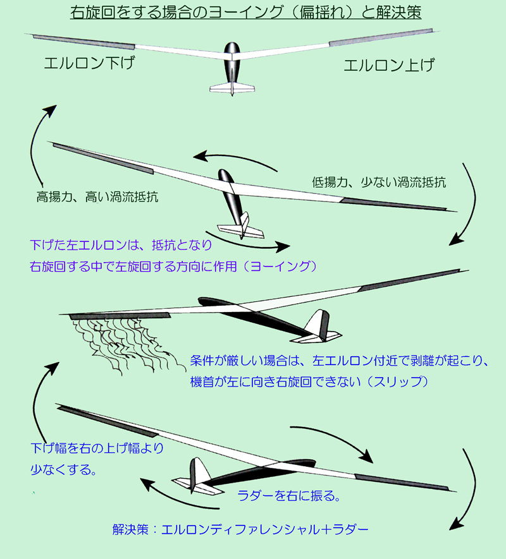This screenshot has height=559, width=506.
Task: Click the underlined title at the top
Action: tap(245, 12)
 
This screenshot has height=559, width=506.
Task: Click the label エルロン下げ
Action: tap(89, 63)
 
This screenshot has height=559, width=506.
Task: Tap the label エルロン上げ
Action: tap(389, 65)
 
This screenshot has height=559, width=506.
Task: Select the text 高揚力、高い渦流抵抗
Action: tap(97, 197)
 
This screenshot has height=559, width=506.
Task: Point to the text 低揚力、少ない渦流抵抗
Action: tap(379, 182)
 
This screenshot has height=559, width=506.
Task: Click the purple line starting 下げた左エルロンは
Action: tap(121, 245)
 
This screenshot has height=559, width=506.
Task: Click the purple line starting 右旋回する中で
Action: tap(173, 267)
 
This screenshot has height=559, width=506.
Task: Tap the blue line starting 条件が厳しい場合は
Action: tap(339, 361)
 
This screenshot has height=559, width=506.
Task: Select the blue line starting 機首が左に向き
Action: tap(309, 382)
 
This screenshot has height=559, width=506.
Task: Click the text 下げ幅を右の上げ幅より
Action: tap(97, 448)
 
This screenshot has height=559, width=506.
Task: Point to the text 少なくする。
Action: tap(64, 469)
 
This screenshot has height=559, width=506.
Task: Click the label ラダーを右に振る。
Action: tap(289, 496)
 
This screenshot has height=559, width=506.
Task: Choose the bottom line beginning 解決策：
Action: tap(240, 529)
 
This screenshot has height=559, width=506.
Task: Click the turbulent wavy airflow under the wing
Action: tap(125, 344)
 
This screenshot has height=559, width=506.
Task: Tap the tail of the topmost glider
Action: tap(232, 88)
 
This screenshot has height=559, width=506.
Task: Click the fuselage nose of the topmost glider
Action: tap(232, 46)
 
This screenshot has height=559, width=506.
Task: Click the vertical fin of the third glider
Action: tap(317, 322)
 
